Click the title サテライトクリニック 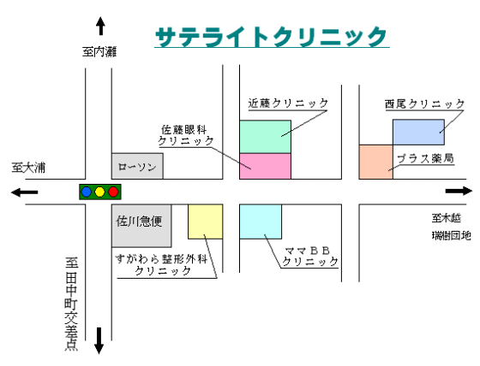(x=271, y=37)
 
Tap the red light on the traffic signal (x=113, y=192)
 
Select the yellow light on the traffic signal (x=99, y=192)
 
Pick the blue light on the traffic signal (x=87, y=192)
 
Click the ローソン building (x=137, y=166)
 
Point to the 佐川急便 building (x=141, y=226)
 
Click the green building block (x=265, y=137)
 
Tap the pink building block (x=265, y=166)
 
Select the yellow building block (x=205, y=221)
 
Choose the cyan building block (x=261, y=221)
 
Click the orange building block (x=376, y=162)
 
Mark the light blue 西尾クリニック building (x=418, y=132)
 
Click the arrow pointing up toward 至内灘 (x=100, y=26)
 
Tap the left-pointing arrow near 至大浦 (x=25, y=192)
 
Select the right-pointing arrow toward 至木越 (x=459, y=192)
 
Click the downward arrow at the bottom (x=99, y=340)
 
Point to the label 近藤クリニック (x=288, y=103)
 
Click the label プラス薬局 (x=425, y=158)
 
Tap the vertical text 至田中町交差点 (x=71, y=304)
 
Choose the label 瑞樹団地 (x=451, y=235)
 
